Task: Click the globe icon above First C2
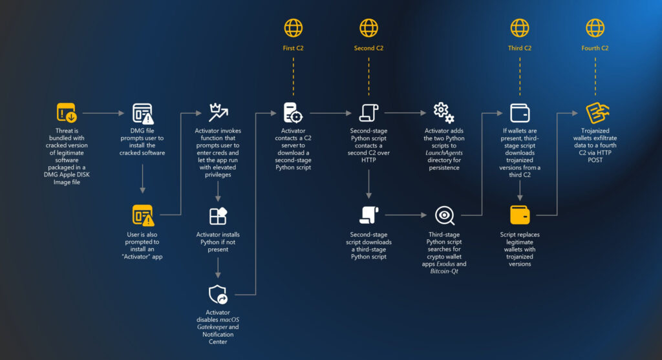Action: pos(293,28)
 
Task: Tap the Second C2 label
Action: pos(368,48)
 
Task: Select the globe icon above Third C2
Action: pos(520,28)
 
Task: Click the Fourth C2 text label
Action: pos(595,48)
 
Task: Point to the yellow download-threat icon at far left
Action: pos(67,112)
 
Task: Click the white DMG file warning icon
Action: pos(143,113)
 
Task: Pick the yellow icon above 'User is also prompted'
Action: pos(143,215)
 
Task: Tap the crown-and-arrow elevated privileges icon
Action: pos(219,112)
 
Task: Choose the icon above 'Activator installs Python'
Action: pos(219,216)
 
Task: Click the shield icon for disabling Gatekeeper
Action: pos(218,294)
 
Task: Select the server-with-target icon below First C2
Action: pos(293,112)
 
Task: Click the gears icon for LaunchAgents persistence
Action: pos(443,112)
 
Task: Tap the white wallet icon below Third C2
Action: pos(520,113)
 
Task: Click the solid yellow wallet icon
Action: pos(520,215)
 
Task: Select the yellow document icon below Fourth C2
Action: pos(597,112)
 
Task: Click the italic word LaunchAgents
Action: pos(443,153)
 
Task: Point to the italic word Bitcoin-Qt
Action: pos(443,271)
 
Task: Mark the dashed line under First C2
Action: pos(293,76)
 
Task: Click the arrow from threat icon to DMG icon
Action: pos(103,113)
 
